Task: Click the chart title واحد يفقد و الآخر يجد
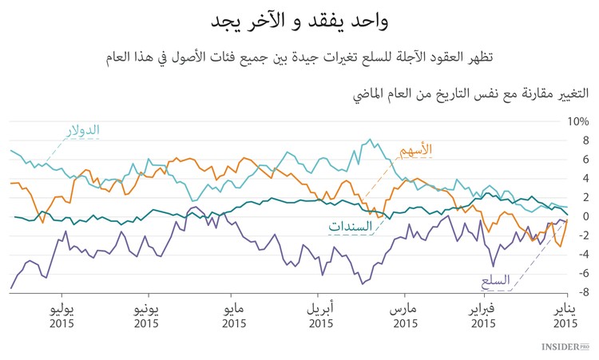299,22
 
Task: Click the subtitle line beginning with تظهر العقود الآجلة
299,58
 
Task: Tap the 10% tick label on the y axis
578,122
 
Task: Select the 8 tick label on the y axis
584,140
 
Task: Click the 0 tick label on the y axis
584,216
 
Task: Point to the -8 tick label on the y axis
581,292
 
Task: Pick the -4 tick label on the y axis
581,255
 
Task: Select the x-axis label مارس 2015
407,316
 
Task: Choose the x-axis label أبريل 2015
320,316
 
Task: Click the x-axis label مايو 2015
234,316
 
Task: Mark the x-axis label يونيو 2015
147,316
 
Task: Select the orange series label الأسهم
415,150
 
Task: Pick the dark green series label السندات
351,227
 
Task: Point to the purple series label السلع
496,281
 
